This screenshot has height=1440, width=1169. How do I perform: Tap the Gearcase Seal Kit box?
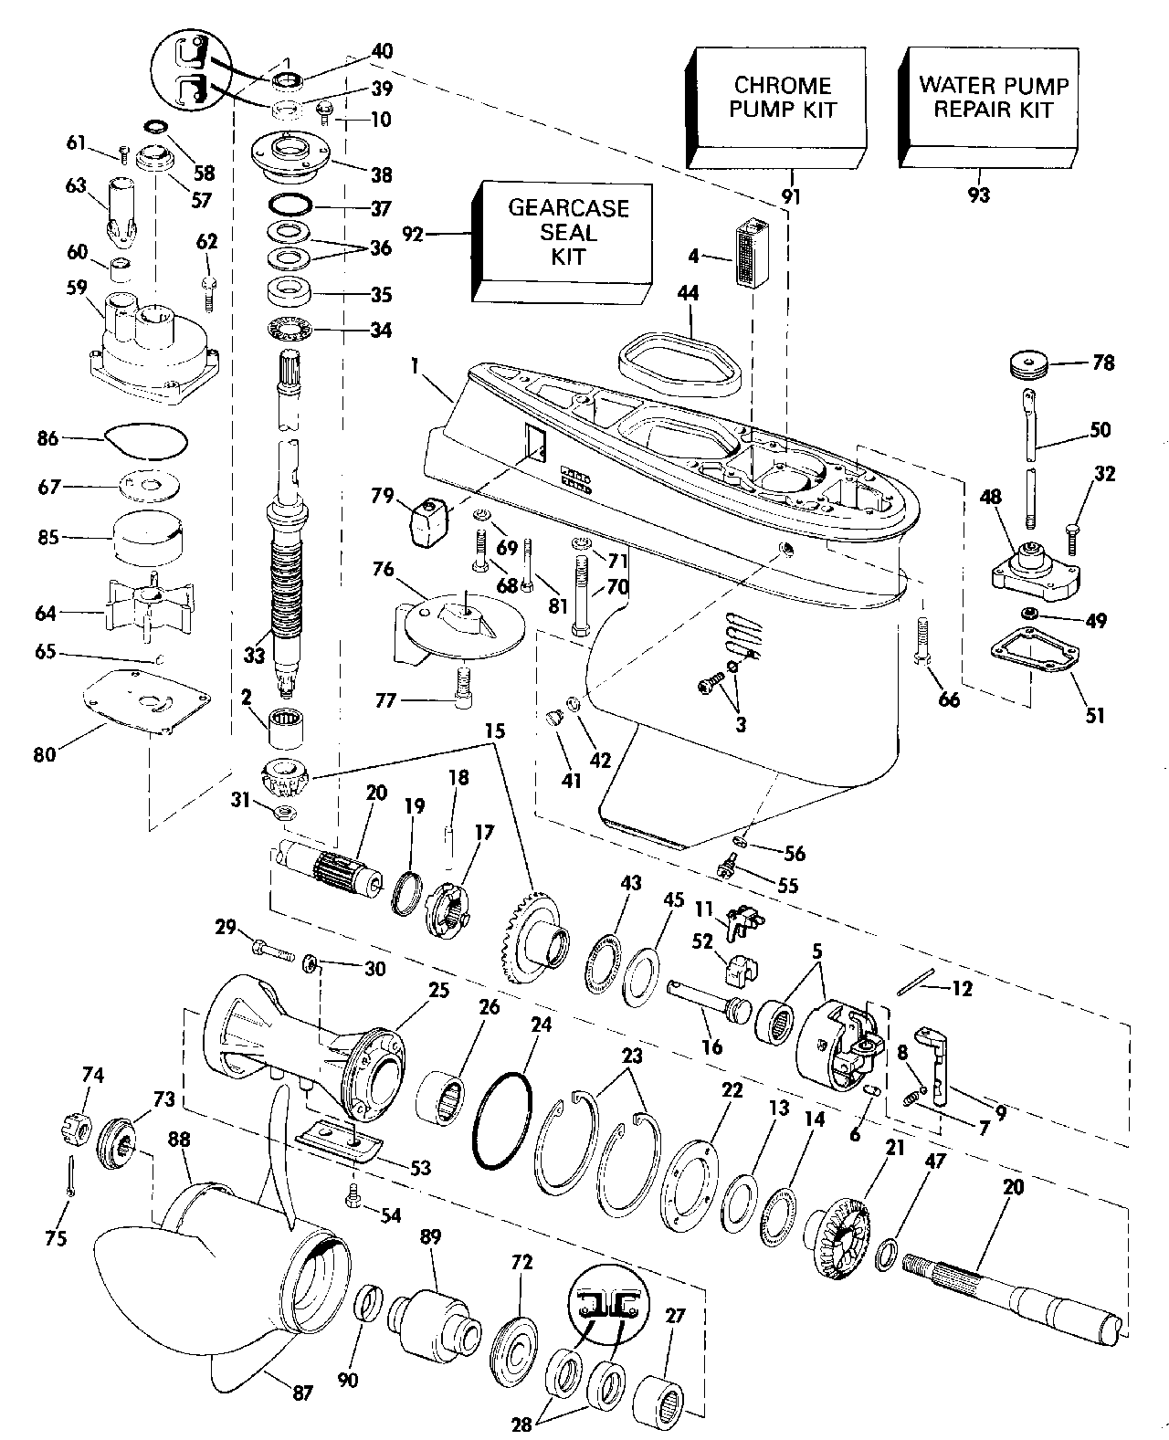[566, 241]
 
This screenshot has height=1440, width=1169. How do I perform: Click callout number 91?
[791, 194]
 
